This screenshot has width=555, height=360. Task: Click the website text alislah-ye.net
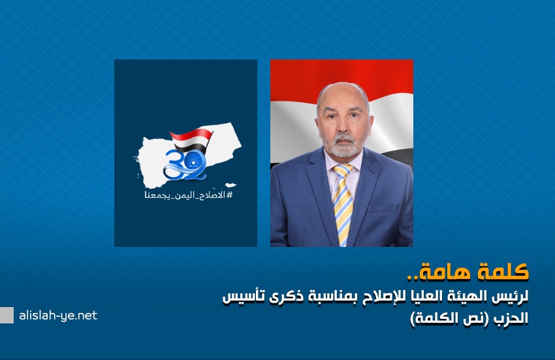pyautogui.click(x=58, y=316)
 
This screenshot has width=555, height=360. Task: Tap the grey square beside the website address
pyautogui.click(x=7, y=315)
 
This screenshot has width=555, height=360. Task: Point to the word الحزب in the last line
pyautogui.click(x=511, y=318)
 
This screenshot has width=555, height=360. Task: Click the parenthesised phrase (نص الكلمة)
pyautogui.click(x=450, y=318)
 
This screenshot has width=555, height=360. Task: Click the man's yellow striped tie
pyautogui.click(x=343, y=205)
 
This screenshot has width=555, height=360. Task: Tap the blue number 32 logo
pyautogui.click(x=185, y=165)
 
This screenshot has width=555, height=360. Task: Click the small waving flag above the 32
pyautogui.click(x=191, y=139)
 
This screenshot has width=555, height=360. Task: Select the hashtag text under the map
pyautogui.click(x=189, y=195)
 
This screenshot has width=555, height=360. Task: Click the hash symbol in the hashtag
pyautogui.click(x=229, y=195)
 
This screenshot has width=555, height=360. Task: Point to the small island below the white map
pyautogui.click(x=230, y=185)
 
